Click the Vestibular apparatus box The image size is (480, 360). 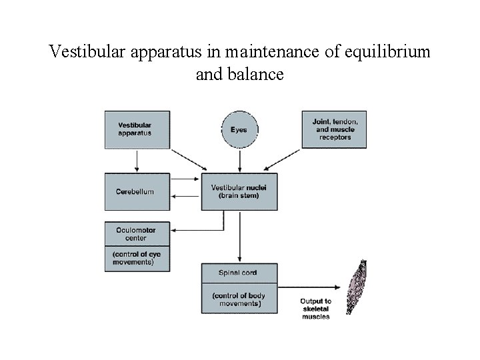click(x=137, y=129)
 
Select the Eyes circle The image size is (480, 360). click(x=239, y=129)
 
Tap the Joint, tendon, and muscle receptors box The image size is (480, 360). click(x=334, y=129)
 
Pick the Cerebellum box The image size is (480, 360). click(x=137, y=191)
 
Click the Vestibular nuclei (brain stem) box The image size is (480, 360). click(x=239, y=191)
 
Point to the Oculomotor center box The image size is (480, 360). click(x=137, y=233)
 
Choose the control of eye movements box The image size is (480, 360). click(x=137, y=258)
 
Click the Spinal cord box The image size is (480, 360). click(x=239, y=273)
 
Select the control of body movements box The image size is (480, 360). click(x=239, y=299)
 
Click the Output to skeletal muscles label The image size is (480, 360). click(x=315, y=309)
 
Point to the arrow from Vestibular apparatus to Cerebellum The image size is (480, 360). click(x=137, y=161)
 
